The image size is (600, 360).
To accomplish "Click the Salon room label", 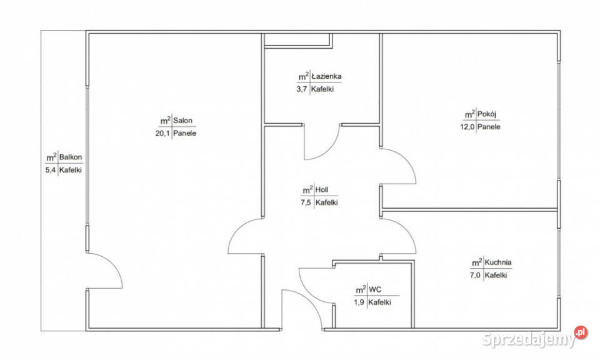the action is [x=183, y=121].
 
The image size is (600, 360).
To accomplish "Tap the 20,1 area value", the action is [x=162, y=133].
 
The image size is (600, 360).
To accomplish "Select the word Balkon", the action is [x=71, y=157].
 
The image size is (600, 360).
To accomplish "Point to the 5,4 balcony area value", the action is [x=51, y=170].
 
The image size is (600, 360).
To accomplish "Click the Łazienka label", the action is [x=326, y=76].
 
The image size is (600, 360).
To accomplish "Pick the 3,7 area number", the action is [x=302, y=89].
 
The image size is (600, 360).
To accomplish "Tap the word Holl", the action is [x=322, y=189].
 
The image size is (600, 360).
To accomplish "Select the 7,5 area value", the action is [x=306, y=202].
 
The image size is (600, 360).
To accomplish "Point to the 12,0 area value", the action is [x=467, y=127].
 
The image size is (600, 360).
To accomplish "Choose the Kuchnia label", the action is [x=498, y=262].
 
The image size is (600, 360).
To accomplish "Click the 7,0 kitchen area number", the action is [x=475, y=275].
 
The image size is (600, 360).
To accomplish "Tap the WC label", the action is [x=375, y=289].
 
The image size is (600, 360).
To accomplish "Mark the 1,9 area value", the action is [x=359, y=302].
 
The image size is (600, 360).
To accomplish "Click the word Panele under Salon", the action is [x=185, y=133].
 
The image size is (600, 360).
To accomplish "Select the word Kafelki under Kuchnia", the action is [x=496, y=275].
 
